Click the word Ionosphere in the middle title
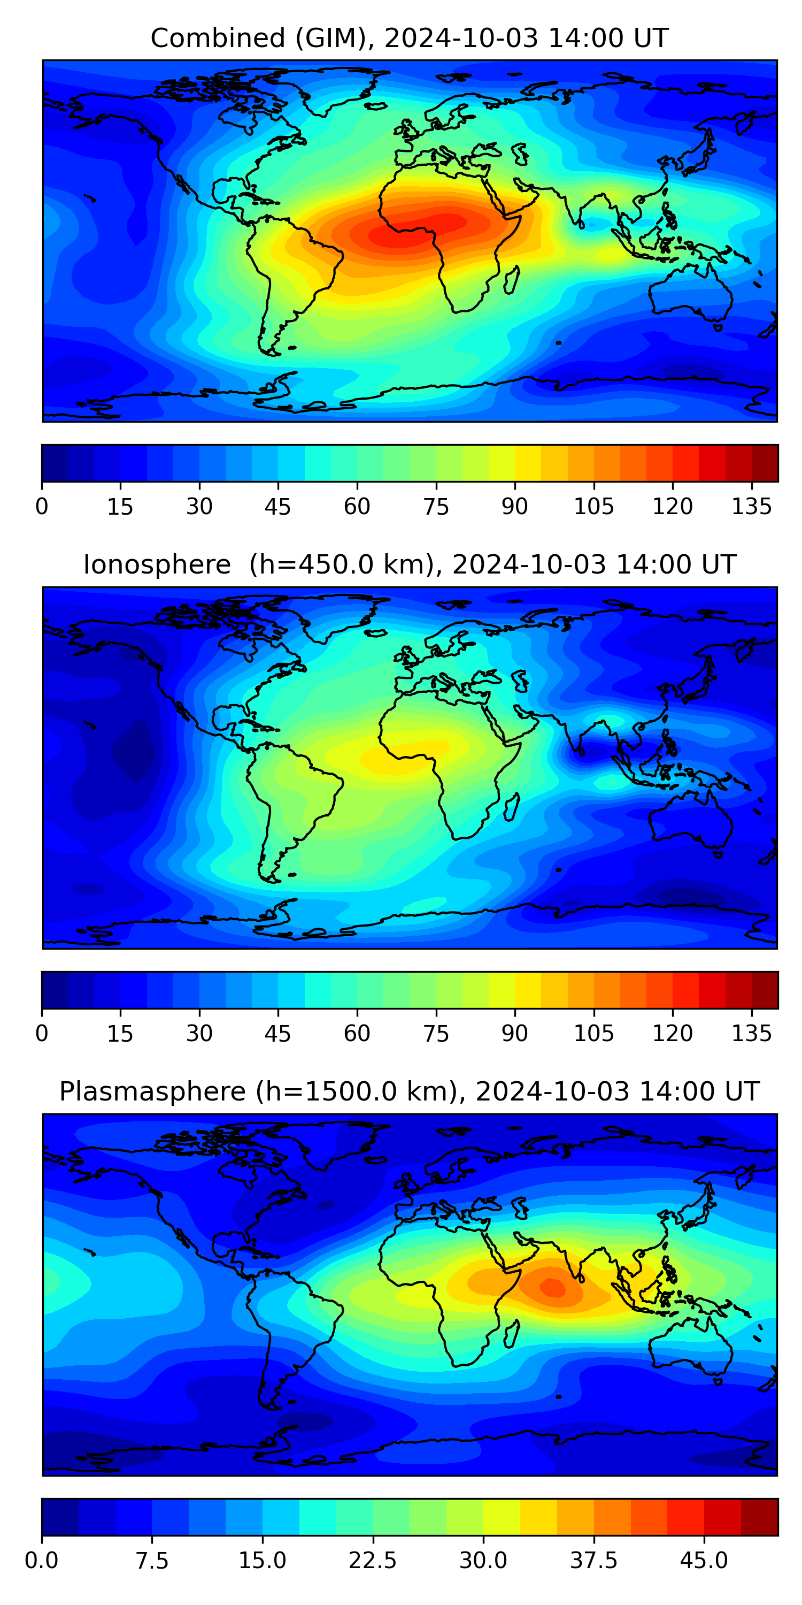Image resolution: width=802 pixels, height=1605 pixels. pos(157,565)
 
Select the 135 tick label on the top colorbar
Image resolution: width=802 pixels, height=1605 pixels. pos(752,507)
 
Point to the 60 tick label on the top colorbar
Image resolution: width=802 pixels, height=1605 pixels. pos(357,507)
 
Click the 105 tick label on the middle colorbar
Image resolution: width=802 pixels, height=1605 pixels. pos(593,1033)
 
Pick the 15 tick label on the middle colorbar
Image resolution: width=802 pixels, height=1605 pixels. pos(120,1033)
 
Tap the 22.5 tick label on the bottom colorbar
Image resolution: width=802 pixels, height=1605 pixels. pos(372,1560)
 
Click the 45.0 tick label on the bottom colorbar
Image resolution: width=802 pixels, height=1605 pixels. pos(704,1560)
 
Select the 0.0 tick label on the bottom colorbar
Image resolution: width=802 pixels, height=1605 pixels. pos(42,1560)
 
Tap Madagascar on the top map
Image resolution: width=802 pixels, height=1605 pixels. pos(512,280)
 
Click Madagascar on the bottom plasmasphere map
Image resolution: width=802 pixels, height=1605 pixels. pos(512,1335)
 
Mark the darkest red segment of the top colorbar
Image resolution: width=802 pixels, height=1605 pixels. pos(765,463)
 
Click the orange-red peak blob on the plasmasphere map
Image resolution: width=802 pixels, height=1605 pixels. pos(551,1287)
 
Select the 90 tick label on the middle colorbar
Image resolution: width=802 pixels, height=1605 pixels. pos(514,1033)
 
